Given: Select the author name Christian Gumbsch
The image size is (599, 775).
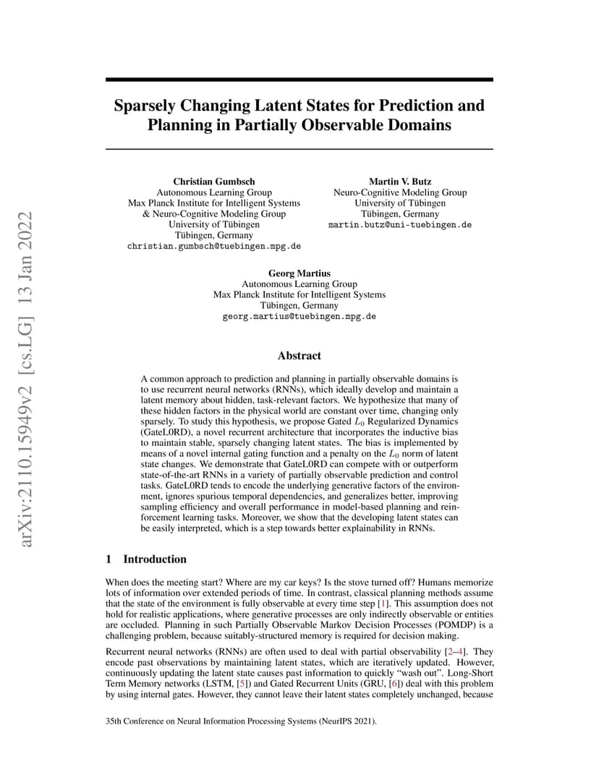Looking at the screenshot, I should point(214,181).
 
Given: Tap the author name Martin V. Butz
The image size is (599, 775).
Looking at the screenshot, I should point(399,181).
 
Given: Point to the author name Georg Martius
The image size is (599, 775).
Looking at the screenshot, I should point(299,273).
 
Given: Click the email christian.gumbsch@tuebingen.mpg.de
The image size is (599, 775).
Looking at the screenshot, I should point(214,246).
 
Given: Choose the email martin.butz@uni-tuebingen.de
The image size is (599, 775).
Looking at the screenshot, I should point(399,225).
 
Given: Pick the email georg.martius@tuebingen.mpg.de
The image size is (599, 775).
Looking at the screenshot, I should point(299,317).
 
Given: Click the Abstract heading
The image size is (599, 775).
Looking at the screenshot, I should point(299,356).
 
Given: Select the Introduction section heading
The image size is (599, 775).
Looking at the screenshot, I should point(155,559).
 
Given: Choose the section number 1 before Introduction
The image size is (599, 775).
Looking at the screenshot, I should point(109,559).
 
